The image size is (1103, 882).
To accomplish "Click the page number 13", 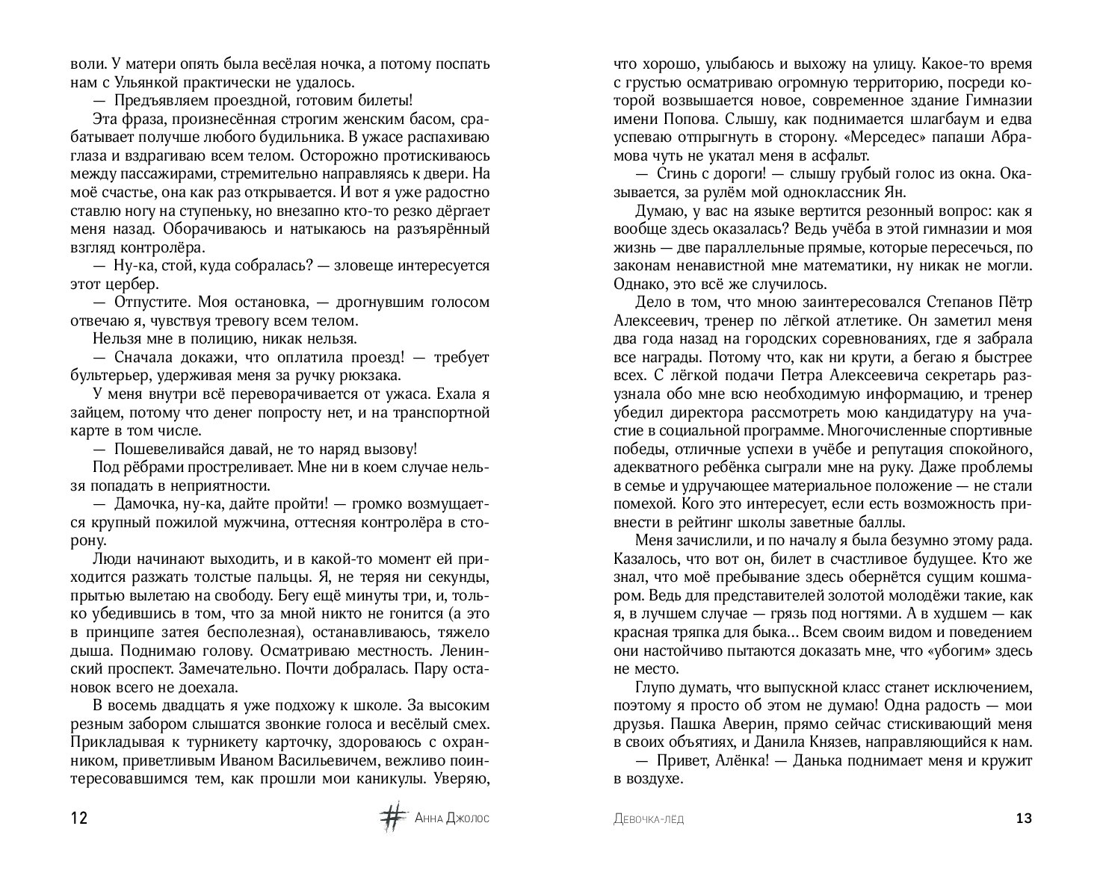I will tap(1024, 819).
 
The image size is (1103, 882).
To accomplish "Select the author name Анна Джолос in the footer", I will tap(452, 819).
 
